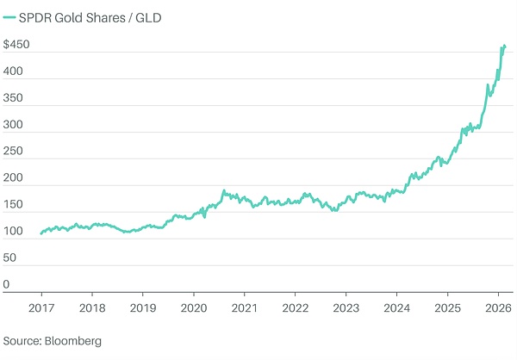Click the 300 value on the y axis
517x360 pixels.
[x=12, y=127]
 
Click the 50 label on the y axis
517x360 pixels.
[x=9, y=258]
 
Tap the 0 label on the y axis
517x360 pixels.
[x=6, y=283]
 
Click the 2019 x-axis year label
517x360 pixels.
[x=142, y=307]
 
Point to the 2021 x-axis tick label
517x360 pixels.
[x=245, y=307]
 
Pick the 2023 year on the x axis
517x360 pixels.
[x=346, y=307]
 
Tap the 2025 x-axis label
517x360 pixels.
[x=447, y=307]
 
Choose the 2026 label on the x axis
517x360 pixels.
[x=498, y=307]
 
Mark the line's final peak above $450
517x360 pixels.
[x=503, y=45]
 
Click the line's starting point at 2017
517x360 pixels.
[x=40, y=233]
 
